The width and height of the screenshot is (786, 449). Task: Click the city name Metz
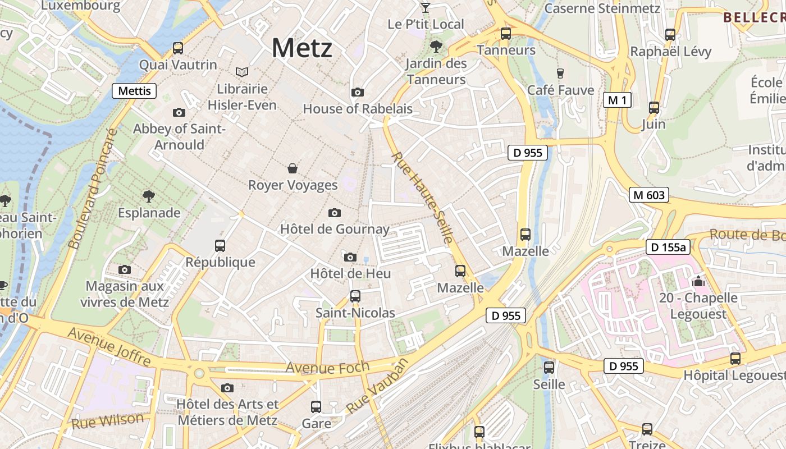(x=302, y=48)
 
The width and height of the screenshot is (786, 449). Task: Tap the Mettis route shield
(x=134, y=90)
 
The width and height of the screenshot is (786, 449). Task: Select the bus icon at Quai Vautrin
(x=178, y=48)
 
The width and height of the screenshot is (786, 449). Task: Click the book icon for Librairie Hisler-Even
(x=242, y=72)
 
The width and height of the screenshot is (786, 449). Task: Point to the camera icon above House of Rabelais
(x=357, y=92)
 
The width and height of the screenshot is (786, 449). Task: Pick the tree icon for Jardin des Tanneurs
(x=436, y=47)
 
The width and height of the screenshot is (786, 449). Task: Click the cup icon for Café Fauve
(x=560, y=73)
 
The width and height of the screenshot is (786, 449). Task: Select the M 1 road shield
(x=618, y=100)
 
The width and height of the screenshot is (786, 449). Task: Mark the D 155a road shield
(x=668, y=247)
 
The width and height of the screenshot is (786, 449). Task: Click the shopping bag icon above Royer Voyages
(x=293, y=168)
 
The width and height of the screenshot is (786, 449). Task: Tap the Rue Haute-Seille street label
(x=422, y=198)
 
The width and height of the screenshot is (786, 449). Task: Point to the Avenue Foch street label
(x=327, y=368)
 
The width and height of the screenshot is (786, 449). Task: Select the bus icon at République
(x=220, y=245)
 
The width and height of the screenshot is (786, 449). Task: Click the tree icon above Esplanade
(x=149, y=196)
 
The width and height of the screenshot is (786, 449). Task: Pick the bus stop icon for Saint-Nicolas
(x=355, y=296)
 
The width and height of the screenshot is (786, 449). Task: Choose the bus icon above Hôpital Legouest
(x=735, y=358)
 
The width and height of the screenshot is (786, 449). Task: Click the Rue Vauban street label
(x=376, y=386)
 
